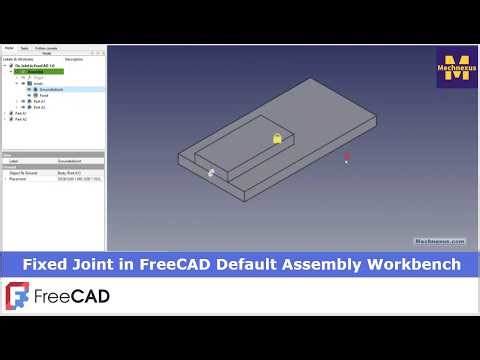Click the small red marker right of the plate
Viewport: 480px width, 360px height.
pyautogui.click(x=347, y=157)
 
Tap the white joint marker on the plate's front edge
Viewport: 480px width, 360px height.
pyautogui.click(x=211, y=173)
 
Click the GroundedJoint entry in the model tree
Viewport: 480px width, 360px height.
pyautogui.click(x=53, y=89)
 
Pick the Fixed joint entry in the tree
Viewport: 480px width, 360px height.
pyautogui.click(x=45, y=95)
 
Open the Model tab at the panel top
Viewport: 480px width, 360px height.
pyautogui.click(x=9, y=48)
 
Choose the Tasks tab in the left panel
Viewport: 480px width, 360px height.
pyautogui.click(x=25, y=48)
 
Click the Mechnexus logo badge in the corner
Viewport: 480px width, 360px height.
pyautogui.click(x=457, y=67)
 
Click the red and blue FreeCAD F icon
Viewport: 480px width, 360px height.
pyautogui.click(x=18, y=297)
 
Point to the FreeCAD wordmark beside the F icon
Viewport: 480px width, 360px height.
pyautogui.click(x=71, y=297)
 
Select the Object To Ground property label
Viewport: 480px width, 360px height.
pyautogui.click(x=24, y=172)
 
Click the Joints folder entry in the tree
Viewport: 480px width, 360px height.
pyautogui.click(x=39, y=83)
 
